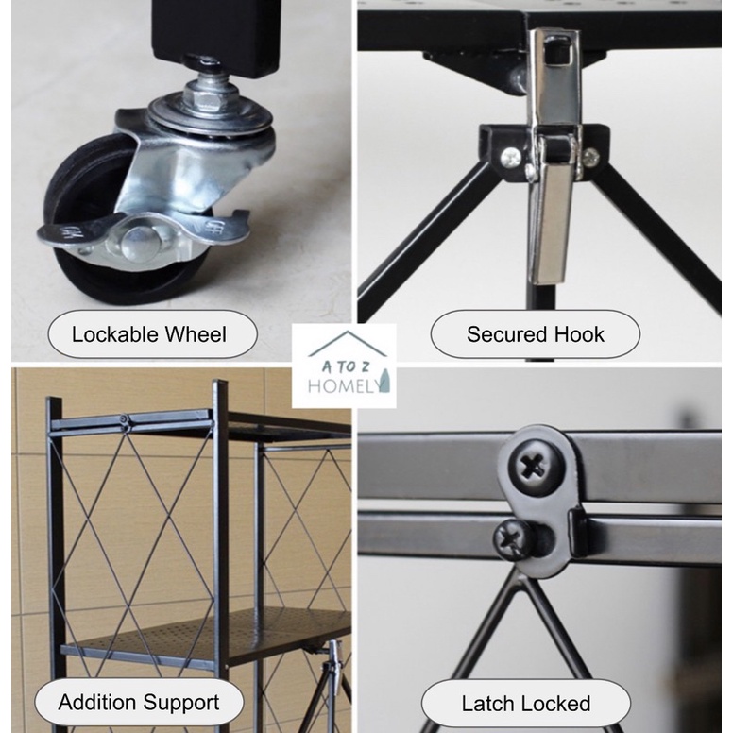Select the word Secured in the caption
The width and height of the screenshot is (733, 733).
pyautogui.click(x=506, y=334)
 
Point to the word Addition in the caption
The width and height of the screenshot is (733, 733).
pyautogui.click(x=97, y=702)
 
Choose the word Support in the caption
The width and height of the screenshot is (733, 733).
pyautogui.click(x=181, y=703)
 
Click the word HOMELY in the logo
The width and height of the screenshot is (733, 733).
pyautogui.click(x=344, y=385)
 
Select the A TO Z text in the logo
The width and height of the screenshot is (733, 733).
pyautogui.click(x=346, y=366)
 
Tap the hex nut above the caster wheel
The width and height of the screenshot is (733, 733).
pyautogui.click(x=203, y=96)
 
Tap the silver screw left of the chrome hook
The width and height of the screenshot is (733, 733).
pyautogui.click(x=511, y=158)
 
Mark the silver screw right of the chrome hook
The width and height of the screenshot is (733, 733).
pyautogui.click(x=590, y=158)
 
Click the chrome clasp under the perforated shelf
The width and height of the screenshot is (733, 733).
pyautogui.click(x=333, y=664)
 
